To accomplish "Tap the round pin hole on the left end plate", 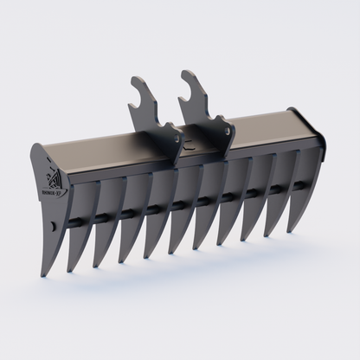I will (x=53, y=226).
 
